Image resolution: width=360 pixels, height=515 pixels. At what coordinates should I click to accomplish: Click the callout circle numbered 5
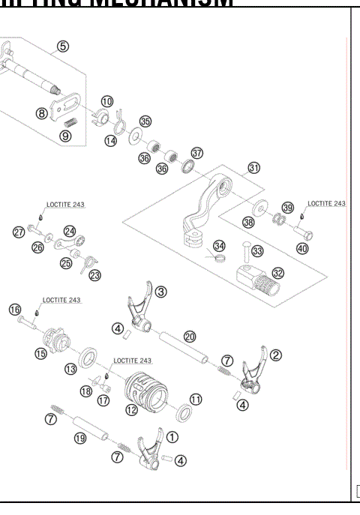(63, 46)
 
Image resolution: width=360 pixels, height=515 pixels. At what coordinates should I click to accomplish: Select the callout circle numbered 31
(253, 168)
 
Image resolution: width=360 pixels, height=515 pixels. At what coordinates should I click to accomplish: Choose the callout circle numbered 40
(302, 248)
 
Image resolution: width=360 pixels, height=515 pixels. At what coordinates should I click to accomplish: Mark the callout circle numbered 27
(19, 232)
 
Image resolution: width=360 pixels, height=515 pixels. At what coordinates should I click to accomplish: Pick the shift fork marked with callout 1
(147, 451)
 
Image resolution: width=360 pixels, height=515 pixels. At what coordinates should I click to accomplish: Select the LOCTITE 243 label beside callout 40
(327, 204)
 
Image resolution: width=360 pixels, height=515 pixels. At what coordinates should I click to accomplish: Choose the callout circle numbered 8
(43, 113)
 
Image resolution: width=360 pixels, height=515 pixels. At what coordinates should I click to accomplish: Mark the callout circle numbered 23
(94, 275)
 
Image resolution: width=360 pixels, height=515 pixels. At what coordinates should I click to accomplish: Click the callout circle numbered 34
(218, 245)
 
